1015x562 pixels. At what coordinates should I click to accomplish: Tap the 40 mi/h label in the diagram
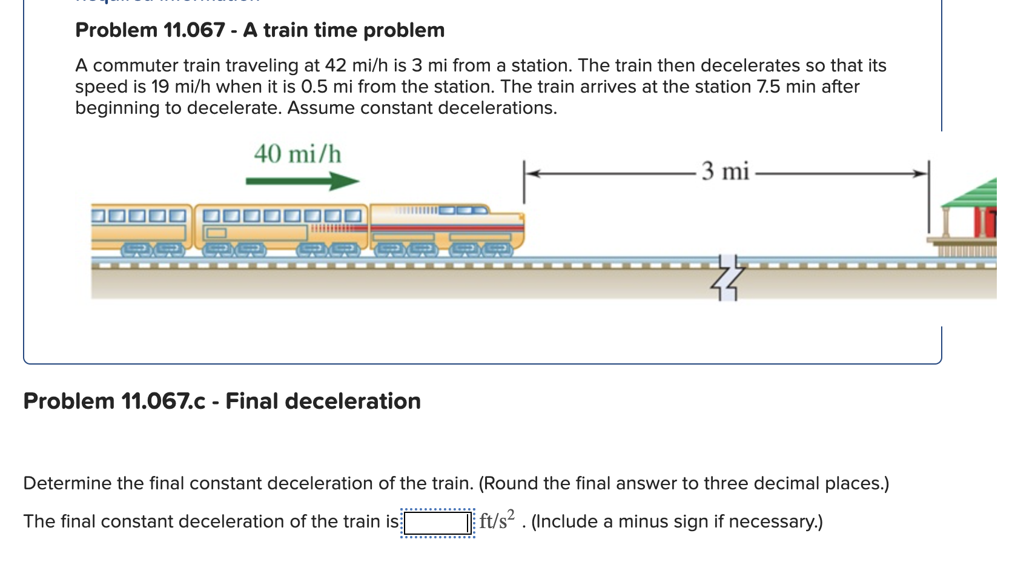(297, 154)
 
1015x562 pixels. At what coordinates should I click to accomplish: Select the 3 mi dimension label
(725, 171)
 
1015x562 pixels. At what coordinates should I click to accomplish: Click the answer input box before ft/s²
(437, 522)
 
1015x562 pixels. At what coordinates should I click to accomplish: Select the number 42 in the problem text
(336, 65)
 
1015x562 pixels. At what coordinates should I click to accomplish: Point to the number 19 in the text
(160, 87)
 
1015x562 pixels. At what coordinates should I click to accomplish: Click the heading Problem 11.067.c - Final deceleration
(222, 401)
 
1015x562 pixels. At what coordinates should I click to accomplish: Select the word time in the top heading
(334, 30)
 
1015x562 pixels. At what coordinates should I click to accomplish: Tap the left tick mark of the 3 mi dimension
(524, 181)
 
